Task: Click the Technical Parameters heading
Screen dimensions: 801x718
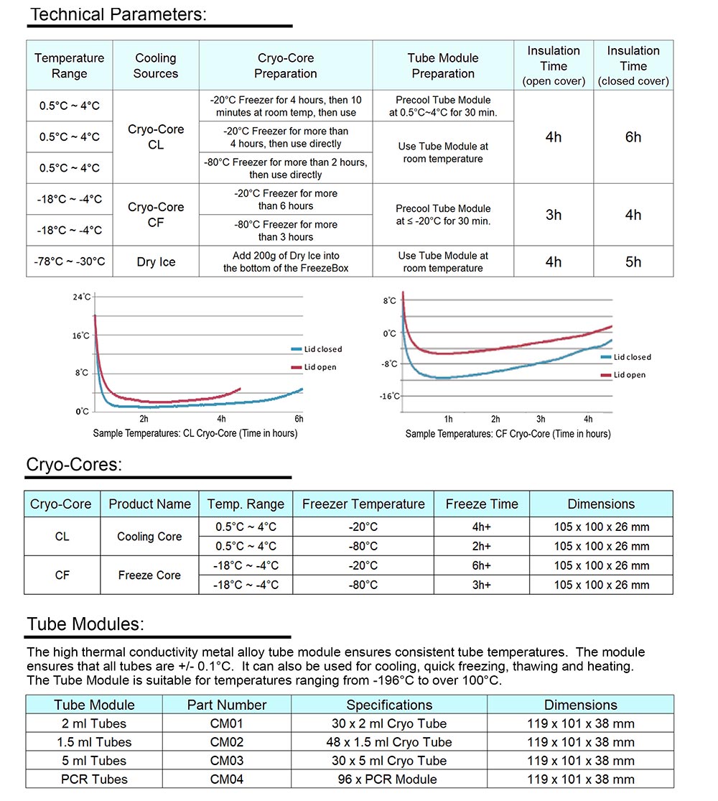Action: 118,14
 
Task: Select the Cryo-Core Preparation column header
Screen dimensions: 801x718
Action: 286,65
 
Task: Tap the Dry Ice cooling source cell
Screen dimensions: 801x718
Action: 156,261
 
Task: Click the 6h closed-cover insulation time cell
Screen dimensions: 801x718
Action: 633,136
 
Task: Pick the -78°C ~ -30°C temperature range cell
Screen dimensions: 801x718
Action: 69,261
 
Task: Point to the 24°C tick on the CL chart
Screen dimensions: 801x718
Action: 82,297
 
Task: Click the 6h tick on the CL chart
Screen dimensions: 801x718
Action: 299,419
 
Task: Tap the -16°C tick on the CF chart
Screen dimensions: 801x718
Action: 390,396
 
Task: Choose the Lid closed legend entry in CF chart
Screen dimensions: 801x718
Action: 632,357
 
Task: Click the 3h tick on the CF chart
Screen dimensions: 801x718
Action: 541,419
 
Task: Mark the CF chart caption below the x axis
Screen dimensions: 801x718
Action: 508,434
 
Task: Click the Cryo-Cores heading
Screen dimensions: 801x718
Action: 74,464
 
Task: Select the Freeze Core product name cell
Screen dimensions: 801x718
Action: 149,575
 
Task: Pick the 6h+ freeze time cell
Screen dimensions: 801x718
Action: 482,565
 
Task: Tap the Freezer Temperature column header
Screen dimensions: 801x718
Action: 363,504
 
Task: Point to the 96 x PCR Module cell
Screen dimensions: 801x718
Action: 389,779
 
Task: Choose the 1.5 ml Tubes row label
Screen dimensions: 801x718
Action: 94,742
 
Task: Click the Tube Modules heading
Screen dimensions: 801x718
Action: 85,624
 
